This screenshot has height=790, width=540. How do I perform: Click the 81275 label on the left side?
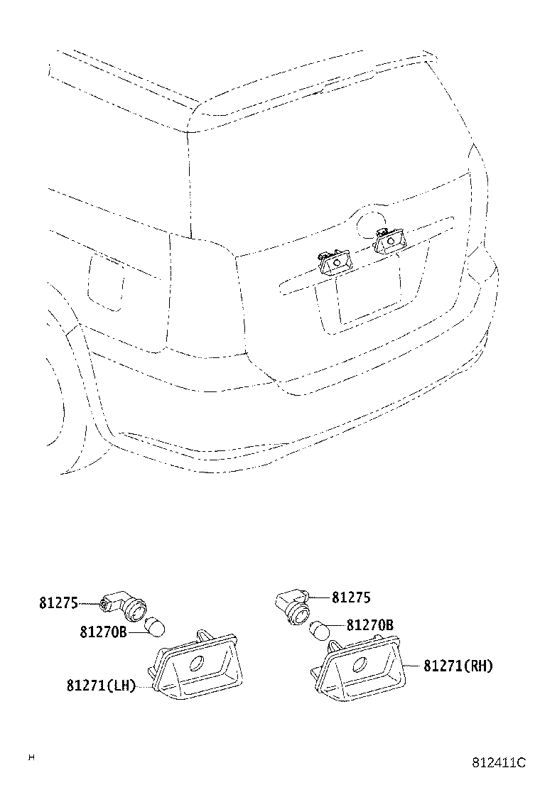point(58,602)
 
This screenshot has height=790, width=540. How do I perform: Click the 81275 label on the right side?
point(350,597)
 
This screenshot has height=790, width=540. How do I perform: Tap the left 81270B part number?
point(103,632)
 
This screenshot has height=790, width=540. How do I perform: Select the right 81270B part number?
point(369,625)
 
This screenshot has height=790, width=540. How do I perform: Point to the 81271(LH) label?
point(101,686)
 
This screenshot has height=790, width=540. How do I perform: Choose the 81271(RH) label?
point(458,666)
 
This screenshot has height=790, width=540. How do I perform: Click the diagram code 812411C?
point(499,763)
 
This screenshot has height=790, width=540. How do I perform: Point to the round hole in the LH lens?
point(195,665)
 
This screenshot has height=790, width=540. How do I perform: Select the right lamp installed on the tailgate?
point(390,242)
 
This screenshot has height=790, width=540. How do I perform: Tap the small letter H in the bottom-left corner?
point(31,757)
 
